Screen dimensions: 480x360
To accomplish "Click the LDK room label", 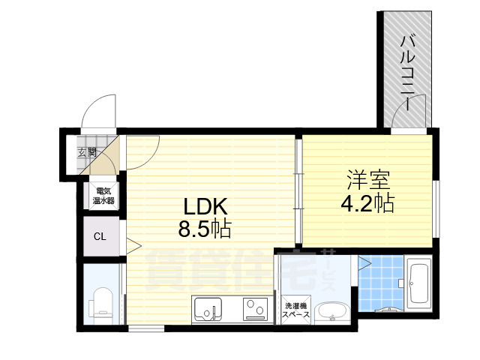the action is coord(205,207).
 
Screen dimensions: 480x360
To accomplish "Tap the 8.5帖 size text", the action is coord(205,229).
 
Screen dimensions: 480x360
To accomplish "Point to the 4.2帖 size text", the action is coord(367,203).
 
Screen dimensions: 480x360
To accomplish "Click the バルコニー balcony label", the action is coord(408,73).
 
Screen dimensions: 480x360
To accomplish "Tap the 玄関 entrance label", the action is coord(88,151).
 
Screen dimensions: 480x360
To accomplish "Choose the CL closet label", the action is coord(100,236).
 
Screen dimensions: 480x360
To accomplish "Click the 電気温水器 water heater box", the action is coord(103,196).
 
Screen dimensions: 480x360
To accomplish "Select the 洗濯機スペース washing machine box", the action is coord(295,310).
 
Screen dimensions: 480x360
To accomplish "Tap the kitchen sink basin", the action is coord(208,309).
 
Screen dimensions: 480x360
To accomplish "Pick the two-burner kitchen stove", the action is coord(255,309).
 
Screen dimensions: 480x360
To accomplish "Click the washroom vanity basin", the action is coord(332,312).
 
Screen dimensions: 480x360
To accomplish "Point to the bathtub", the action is coord(418,283).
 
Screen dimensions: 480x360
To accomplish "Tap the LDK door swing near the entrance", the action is coord(151,160).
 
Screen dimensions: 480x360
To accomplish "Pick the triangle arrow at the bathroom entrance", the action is coord(364,263).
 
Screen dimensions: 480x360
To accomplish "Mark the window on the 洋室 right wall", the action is coord(436,208).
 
